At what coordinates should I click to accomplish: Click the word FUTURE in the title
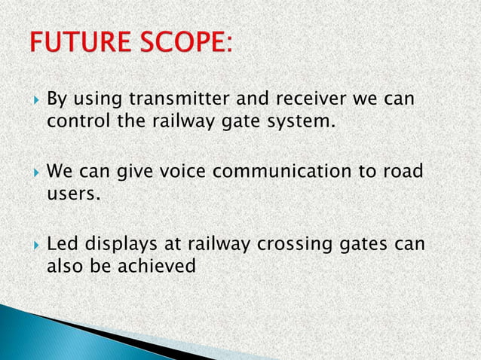(x=81, y=43)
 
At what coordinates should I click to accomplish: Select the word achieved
(x=159, y=267)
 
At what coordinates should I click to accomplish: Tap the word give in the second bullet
(x=133, y=174)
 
